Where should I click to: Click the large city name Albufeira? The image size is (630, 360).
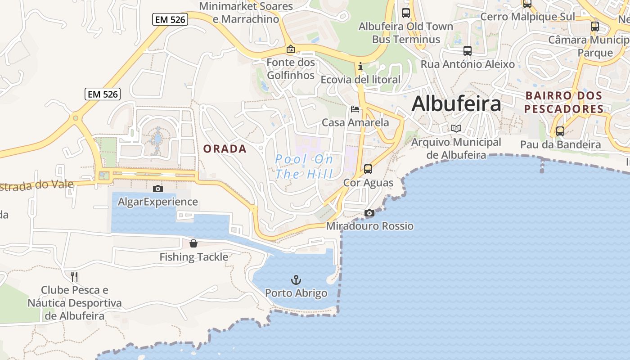pos(456,104)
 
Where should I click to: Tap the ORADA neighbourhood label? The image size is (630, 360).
pos(225,149)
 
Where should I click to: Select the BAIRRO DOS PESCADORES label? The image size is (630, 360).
pos(563,102)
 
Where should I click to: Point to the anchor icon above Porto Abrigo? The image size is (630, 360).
pos(296,280)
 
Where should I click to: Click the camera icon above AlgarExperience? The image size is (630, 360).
pos(157,189)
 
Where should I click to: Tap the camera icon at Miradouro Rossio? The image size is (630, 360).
pos(369,213)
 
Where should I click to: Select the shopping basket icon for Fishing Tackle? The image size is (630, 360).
pos(193,243)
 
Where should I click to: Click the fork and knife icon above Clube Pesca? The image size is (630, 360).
pos(75,276)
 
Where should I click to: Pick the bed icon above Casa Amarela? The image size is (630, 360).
pos(355,109)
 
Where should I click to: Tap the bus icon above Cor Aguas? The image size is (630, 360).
pos(368,169)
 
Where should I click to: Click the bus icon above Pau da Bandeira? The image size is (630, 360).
pos(560,131)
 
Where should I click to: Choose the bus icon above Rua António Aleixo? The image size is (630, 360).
pos(468,51)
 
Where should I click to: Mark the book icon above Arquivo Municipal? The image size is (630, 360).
pos(456,129)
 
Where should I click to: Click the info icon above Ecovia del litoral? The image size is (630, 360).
pos(360,67)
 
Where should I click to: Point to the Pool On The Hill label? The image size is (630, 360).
pos(304,166)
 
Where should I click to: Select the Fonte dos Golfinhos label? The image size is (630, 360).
pos(291,69)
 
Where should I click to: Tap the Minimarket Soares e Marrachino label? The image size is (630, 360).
pos(246,13)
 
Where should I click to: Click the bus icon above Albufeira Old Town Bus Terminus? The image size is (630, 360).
pos(406,13)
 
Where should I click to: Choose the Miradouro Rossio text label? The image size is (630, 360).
pos(369,226)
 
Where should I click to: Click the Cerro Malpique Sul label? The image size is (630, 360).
pos(527,17)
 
